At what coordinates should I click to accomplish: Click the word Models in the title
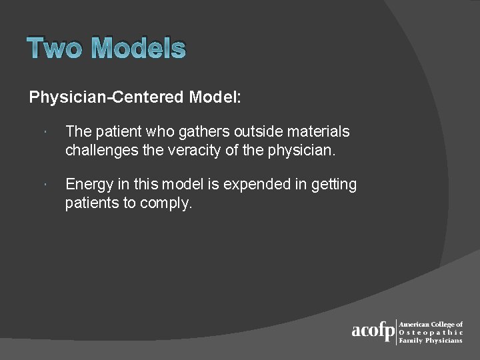click(x=139, y=49)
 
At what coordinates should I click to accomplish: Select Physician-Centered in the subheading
click(x=107, y=97)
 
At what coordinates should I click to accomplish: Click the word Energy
click(x=89, y=185)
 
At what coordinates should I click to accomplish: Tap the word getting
click(x=333, y=185)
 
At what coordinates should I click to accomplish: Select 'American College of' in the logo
click(x=430, y=324)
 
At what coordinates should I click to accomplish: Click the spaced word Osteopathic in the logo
click(x=430, y=332)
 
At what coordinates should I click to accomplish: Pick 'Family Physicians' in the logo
click(x=430, y=340)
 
